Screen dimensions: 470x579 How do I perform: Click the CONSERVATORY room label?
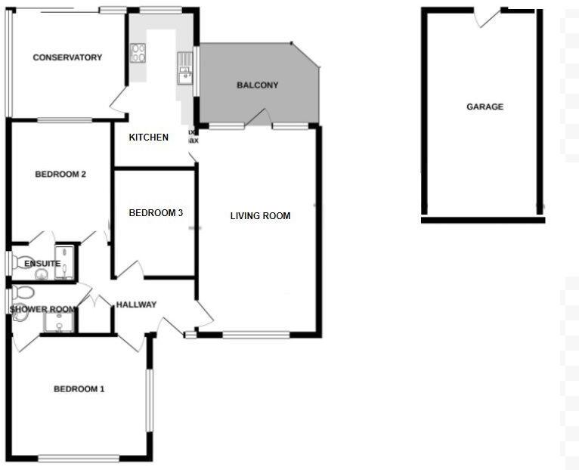coord(67,57)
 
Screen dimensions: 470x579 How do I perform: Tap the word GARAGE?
coord(485,107)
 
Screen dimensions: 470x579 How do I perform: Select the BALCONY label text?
coord(258,85)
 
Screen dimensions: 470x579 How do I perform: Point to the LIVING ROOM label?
coord(260,216)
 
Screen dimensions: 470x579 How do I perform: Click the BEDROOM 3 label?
coord(156,213)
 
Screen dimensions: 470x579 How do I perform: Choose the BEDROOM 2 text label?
coord(60,175)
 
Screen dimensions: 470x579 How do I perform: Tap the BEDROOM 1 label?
coord(79,389)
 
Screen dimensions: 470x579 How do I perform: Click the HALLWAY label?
coord(136,305)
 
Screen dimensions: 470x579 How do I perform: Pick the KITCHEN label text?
coord(148,137)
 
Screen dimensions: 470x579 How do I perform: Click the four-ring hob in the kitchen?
coord(138,53)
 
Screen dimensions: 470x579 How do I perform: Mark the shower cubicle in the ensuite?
coord(67,261)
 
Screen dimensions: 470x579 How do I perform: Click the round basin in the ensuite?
coord(40,273)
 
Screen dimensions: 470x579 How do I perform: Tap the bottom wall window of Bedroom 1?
coord(79,457)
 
